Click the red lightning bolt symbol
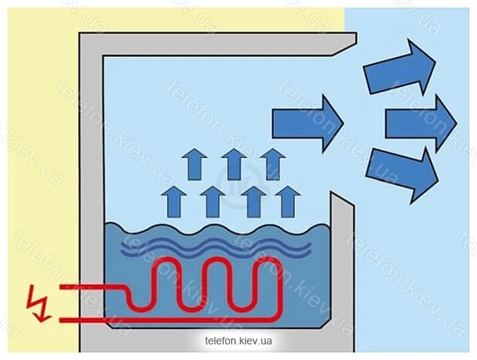tap(38, 304)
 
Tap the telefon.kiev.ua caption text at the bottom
tap(238, 341)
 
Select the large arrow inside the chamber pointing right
tap(308, 124)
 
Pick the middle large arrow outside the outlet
tap(421, 124)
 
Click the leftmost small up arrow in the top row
tap(194, 164)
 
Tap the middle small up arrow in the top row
tap(234, 164)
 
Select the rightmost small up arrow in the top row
tap(273, 164)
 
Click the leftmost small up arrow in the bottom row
tap(174, 202)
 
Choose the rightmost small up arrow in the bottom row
tap(288, 202)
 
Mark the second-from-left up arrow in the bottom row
tap(212, 202)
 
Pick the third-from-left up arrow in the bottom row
tap(253, 202)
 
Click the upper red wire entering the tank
tap(92, 287)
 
